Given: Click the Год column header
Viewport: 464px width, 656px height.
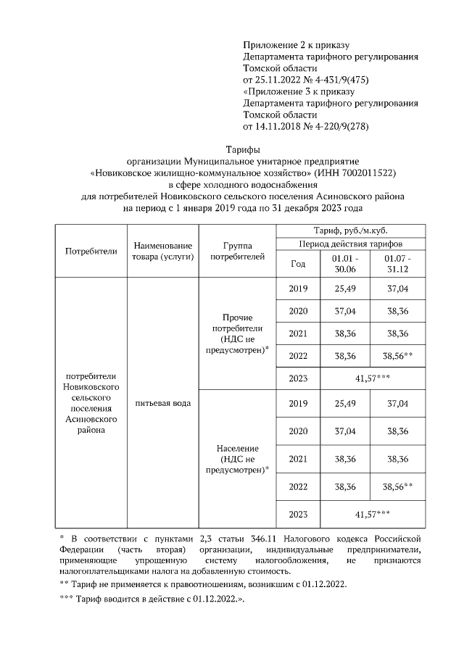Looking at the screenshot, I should pos(298,264).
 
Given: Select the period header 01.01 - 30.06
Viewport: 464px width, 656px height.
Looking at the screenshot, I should pos(345,264).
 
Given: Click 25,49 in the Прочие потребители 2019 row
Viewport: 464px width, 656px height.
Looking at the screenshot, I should pos(345,288).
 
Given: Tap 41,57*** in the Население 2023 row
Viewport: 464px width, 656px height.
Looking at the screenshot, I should pos(373,514).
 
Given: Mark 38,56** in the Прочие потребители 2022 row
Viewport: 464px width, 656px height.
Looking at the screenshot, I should pos(397,356).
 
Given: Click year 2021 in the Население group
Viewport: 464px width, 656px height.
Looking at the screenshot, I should pos(298,459).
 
